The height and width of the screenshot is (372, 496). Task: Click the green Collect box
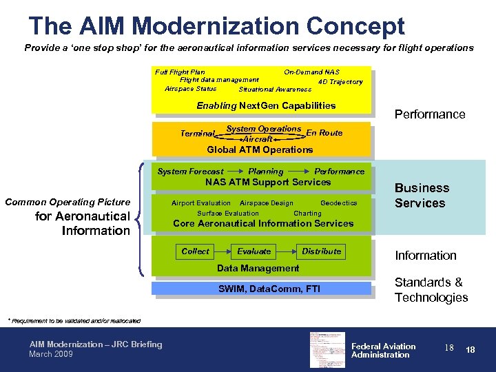pos(195,251)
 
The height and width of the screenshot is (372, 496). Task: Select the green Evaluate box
pos(254,251)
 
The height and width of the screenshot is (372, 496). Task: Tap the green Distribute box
pos(321,251)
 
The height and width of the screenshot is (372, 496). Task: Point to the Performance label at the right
pos(429,114)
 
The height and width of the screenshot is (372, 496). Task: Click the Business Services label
pos(422,196)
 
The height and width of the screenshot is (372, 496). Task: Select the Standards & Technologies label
pos(431,290)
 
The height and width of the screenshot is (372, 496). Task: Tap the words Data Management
pos(258,268)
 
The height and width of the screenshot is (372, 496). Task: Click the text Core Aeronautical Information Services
pos(263,223)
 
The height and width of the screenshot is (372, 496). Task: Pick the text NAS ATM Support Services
pos(268,182)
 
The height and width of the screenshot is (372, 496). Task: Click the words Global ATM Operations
pos(260,149)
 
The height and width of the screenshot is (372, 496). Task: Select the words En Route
pos(324,133)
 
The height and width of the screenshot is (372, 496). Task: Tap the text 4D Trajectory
pos(340,82)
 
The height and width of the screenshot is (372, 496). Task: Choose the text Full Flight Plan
pos(180,72)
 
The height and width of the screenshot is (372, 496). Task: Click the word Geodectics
pos(339,203)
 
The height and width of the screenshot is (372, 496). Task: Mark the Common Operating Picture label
pos(68,202)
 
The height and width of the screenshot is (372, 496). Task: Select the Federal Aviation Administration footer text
pos(383,351)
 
